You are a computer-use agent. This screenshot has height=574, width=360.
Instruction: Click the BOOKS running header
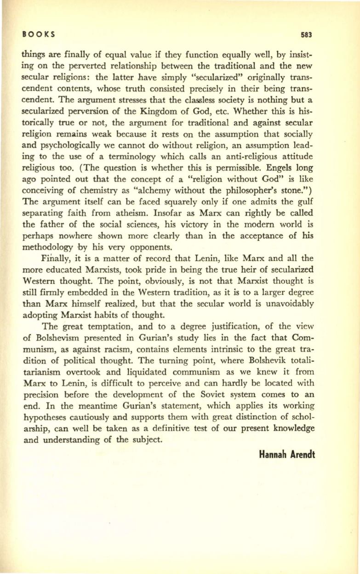click(38, 34)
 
